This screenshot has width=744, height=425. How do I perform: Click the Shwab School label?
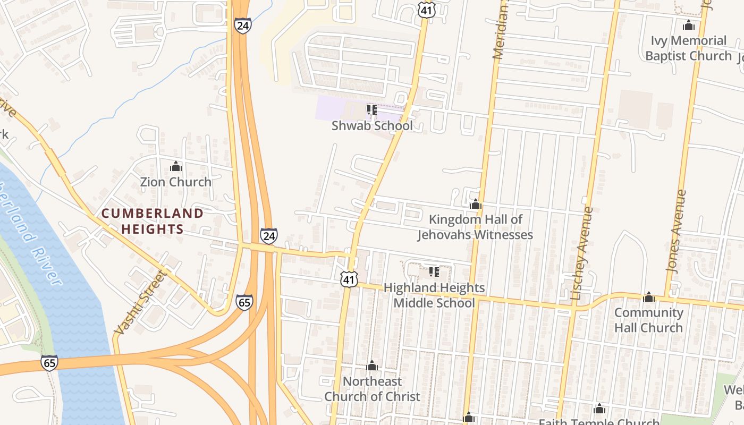pyautogui.click(x=372, y=126)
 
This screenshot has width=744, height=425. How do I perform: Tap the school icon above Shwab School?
pyautogui.click(x=372, y=110)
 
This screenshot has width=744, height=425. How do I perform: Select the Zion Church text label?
pyautogui.click(x=175, y=182)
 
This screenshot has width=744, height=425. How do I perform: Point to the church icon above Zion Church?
pyautogui.click(x=176, y=167)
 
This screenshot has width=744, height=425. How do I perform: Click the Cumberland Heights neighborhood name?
pyautogui.click(x=153, y=221)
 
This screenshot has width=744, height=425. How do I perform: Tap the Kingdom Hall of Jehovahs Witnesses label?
pyautogui.click(x=475, y=227)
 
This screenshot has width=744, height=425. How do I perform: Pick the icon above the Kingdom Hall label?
pyautogui.click(x=476, y=204)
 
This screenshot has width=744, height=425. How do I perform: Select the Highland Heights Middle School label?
pyautogui.click(x=434, y=295)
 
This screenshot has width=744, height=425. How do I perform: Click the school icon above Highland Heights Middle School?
pyautogui.click(x=434, y=272)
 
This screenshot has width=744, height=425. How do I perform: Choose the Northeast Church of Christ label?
pyautogui.click(x=372, y=389)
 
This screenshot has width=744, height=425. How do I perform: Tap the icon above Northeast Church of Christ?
pyautogui.click(x=372, y=365)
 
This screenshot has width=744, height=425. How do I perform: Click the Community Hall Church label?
pyautogui.click(x=648, y=320)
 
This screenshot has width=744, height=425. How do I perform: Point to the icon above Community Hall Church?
pyautogui.click(x=648, y=297)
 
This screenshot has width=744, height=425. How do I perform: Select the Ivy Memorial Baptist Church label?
pyautogui.click(x=689, y=48)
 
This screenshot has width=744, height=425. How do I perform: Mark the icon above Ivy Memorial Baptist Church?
pyautogui.click(x=689, y=25)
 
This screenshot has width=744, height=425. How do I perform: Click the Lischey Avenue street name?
pyautogui.click(x=581, y=254)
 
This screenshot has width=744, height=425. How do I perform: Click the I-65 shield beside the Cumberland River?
pyautogui.click(x=49, y=363)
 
